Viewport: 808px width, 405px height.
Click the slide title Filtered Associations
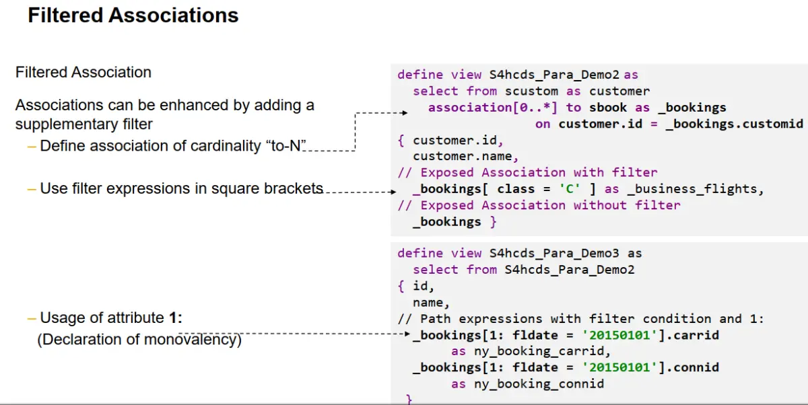(x=133, y=15)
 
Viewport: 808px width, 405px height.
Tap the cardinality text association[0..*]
(x=493, y=107)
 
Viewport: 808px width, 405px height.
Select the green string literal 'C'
(x=570, y=189)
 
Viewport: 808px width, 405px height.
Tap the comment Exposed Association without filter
(x=549, y=205)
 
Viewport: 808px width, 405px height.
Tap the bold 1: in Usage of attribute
(x=176, y=318)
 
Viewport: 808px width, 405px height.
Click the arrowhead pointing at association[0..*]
(x=406, y=114)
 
